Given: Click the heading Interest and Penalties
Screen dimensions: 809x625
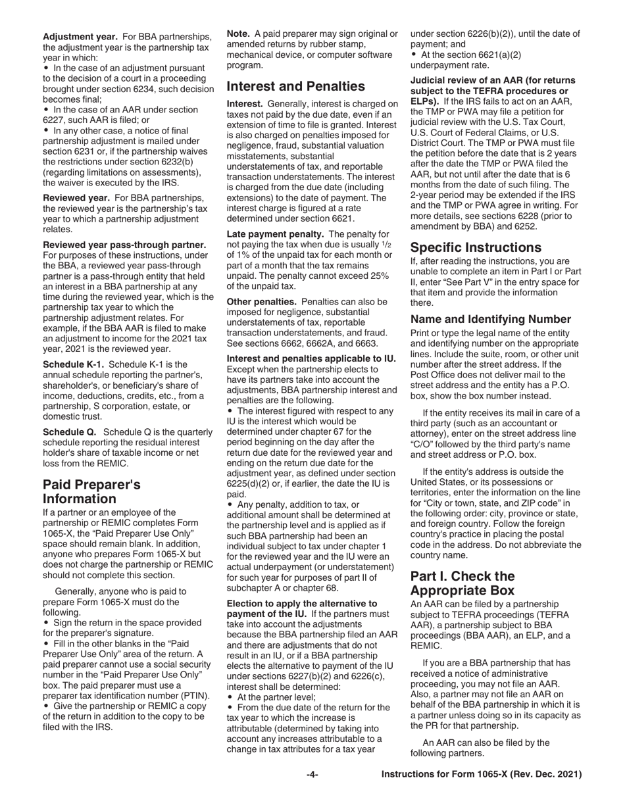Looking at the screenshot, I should pyautogui.click(x=295, y=86).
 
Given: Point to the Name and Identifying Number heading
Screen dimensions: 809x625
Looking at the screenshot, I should pyautogui.click(x=491, y=320).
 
